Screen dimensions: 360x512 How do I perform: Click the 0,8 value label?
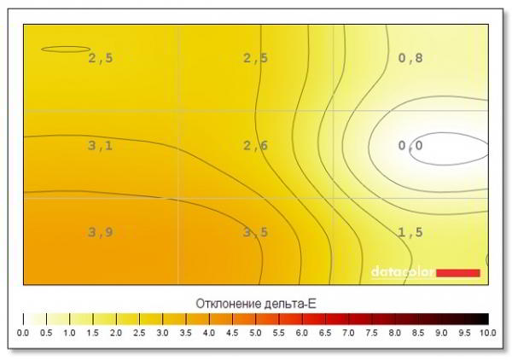(410, 59)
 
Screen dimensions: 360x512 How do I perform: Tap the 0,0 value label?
(410, 146)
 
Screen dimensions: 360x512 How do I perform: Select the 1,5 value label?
(410, 233)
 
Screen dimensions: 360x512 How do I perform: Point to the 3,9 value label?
(100, 233)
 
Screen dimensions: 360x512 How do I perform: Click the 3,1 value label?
(100, 146)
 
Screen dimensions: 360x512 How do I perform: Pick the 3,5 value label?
(255, 233)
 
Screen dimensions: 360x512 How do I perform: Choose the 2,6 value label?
(255, 146)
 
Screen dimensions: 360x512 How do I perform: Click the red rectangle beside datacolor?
(458, 272)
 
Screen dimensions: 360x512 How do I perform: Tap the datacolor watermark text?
(402, 272)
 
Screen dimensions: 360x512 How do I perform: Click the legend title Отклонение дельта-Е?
(256, 303)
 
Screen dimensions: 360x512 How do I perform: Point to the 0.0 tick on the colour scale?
(23, 332)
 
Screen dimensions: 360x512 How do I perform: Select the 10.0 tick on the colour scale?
(488, 332)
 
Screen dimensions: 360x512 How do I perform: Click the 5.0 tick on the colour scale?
(256, 332)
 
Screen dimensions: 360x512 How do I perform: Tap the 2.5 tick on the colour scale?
(139, 332)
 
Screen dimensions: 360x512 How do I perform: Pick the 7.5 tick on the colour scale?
(372, 332)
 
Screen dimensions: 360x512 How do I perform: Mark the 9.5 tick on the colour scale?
(465, 332)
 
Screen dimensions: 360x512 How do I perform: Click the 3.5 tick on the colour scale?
(186, 332)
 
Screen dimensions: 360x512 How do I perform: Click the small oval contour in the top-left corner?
(65, 49)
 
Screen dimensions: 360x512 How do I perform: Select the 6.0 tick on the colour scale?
(302, 332)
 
